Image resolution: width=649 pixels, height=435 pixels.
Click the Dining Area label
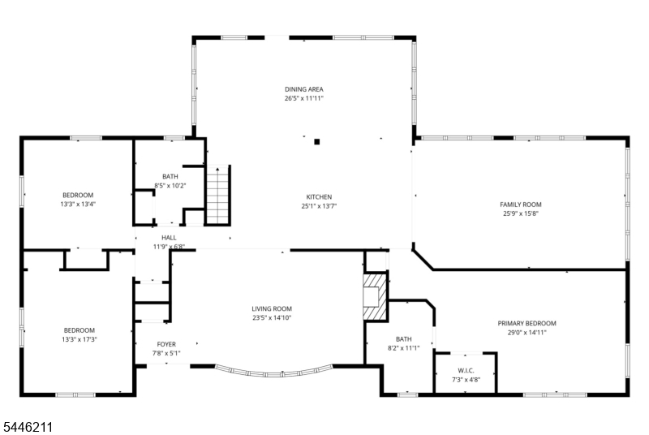click(x=303, y=89)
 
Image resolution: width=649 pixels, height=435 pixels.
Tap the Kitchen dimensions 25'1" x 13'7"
click(x=319, y=206)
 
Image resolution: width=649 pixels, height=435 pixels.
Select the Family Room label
click(x=521, y=205)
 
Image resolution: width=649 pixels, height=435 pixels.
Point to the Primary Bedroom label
click(x=527, y=323)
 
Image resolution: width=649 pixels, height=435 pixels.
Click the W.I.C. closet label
click(x=466, y=370)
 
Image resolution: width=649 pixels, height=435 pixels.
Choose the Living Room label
click(x=272, y=308)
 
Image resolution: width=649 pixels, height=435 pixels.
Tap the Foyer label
click(x=166, y=344)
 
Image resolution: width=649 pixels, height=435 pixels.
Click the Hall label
click(x=169, y=238)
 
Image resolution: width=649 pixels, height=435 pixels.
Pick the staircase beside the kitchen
click(x=218, y=195)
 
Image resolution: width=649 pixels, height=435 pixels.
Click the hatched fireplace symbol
click(x=376, y=296)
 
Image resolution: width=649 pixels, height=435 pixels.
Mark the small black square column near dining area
click(x=317, y=142)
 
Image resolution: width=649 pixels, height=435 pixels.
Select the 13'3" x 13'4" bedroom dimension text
click(x=78, y=204)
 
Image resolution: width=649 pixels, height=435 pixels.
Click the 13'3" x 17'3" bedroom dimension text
click(x=79, y=339)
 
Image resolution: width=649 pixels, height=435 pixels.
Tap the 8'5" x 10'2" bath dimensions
click(x=170, y=186)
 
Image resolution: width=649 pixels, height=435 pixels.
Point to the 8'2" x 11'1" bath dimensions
click(x=403, y=348)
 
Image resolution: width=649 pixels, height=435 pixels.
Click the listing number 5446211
click(x=28, y=427)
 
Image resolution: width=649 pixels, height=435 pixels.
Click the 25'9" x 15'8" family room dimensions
click(x=521, y=213)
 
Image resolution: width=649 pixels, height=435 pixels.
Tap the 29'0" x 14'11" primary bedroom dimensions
click(x=527, y=333)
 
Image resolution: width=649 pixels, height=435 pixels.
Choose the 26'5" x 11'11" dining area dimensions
click(x=303, y=98)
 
